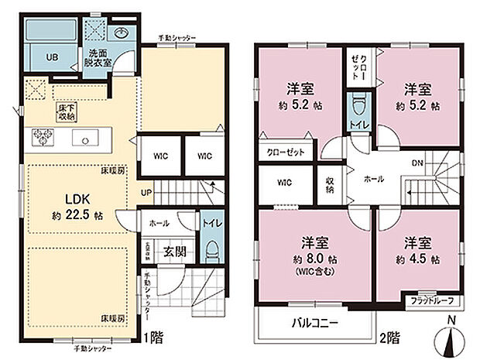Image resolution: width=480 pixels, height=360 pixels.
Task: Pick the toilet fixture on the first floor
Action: click(210, 249)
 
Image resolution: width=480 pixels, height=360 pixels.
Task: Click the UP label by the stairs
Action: click(146, 193)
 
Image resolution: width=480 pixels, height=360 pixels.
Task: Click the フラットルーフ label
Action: click(432, 300)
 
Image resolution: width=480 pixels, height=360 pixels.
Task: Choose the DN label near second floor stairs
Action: click(417, 164)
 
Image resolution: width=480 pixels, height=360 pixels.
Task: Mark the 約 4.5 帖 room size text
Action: click(417, 259)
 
